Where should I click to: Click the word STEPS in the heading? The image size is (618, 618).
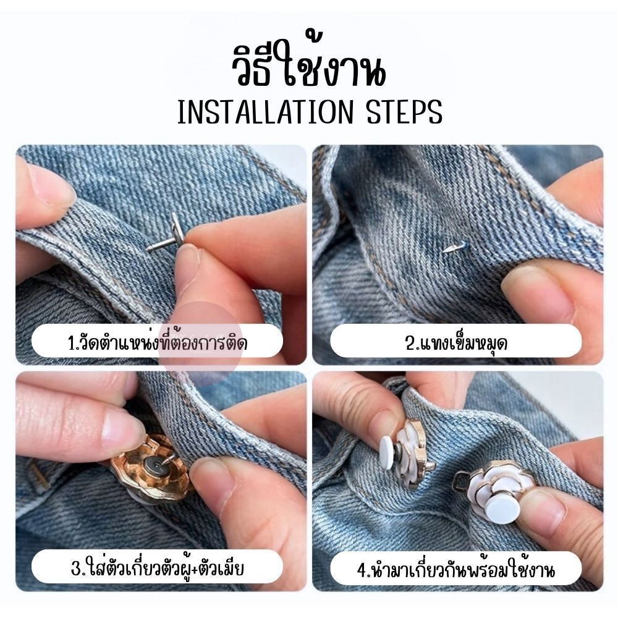[405, 112]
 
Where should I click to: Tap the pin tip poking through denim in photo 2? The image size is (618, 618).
[450, 248]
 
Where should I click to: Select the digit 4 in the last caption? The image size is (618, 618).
[362, 570]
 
